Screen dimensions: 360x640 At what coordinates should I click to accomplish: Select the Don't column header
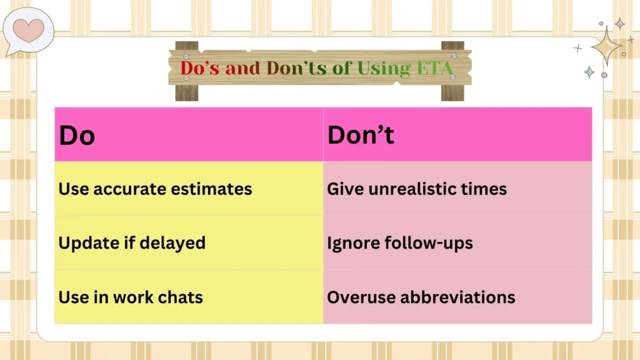[x=361, y=135]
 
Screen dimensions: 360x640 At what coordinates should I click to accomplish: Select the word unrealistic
[x=411, y=189]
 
